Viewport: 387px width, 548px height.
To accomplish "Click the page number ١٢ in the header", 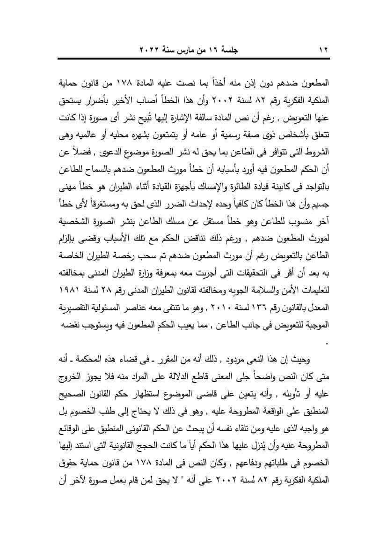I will [324, 48].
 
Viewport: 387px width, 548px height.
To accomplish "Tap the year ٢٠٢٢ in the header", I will [151, 48].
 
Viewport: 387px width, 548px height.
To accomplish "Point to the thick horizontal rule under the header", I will [193, 59].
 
